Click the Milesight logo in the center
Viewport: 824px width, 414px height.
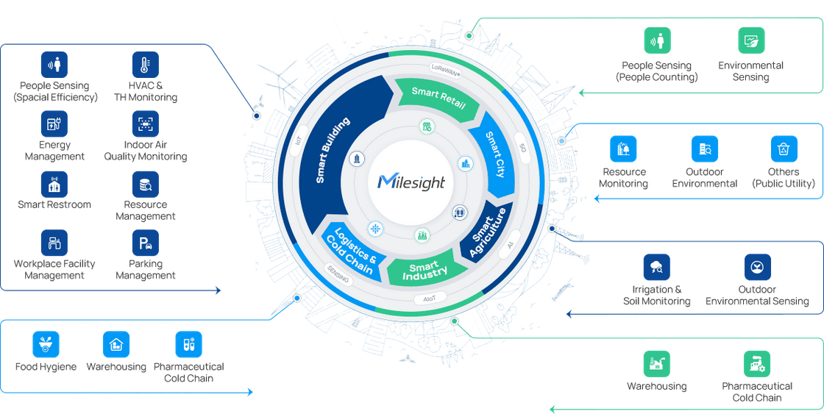tap(411, 182)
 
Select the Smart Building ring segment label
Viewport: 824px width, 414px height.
tap(333, 150)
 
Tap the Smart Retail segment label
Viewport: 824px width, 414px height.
tap(438, 99)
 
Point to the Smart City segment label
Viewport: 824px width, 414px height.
tap(496, 155)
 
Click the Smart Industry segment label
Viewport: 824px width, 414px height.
tap(425, 271)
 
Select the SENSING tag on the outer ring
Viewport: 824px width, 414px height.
tap(338, 274)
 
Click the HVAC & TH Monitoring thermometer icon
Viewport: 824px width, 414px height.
tap(146, 65)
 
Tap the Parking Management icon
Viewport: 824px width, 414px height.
tap(146, 243)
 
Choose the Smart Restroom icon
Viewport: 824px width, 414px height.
tap(54, 185)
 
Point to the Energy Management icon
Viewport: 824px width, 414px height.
tap(54, 124)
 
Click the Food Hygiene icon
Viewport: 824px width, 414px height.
tap(46, 344)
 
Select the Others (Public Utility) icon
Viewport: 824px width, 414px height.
tap(784, 149)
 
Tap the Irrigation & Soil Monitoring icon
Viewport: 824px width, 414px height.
tap(656, 267)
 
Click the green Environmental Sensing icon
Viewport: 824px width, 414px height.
tap(751, 41)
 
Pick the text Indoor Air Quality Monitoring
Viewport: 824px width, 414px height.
tap(146, 151)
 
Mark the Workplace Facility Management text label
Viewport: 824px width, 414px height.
tap(54, 270)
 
